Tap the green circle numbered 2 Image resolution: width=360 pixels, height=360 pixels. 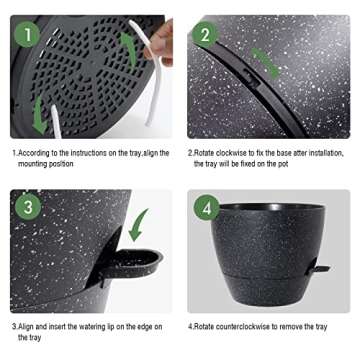tap(205, 34)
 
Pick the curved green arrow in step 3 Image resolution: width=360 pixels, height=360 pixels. tap(138, 224)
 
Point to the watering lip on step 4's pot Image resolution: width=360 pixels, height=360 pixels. tap(320, 268)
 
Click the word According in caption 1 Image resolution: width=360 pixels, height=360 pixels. tap(32, 153)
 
